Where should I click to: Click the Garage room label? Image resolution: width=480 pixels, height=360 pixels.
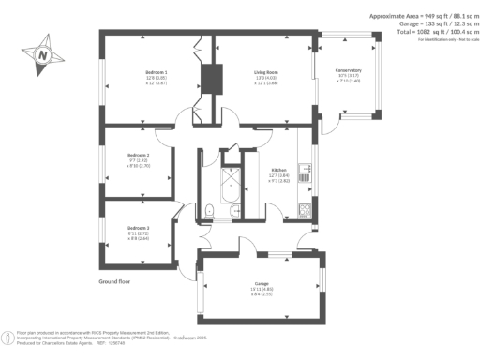pyautogui.click(x=262, y=283)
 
